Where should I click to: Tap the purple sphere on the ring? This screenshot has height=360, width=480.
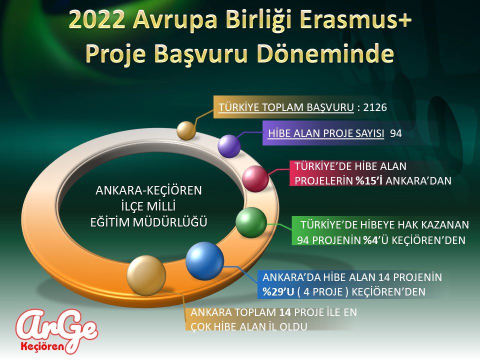click(x=229, y=146)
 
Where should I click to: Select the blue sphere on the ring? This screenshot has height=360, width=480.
click(x=204, y=260)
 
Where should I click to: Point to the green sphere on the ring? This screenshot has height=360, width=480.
click(x=251, y=222)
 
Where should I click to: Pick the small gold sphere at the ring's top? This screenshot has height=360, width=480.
click(x=186, y=130)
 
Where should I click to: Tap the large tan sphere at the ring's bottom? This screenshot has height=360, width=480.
click(x=146, y=275)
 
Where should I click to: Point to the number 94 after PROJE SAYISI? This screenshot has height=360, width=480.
click(x=396, y=133)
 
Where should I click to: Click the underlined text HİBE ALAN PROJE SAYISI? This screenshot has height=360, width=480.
click(x=326, y=133)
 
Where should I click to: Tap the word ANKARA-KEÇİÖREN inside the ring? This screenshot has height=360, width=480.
click(x=148, y=190)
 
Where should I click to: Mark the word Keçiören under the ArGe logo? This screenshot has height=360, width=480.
click(x=41, y=345)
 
